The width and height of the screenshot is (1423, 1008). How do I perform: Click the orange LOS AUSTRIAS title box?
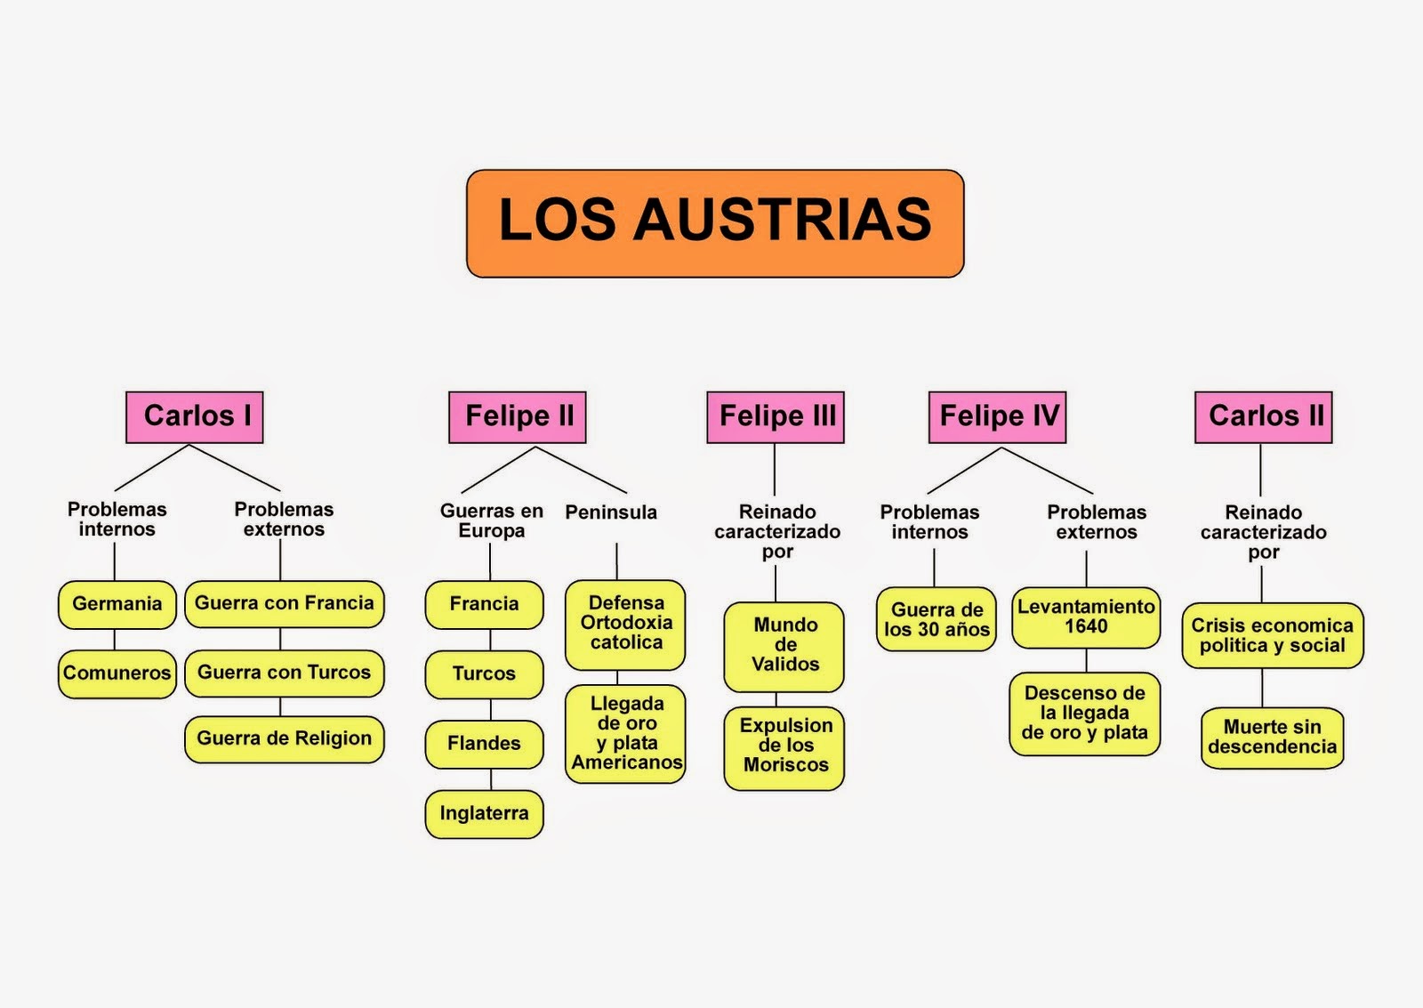coord(715,223)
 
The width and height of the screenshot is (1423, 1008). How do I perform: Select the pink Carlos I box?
coord(195,416)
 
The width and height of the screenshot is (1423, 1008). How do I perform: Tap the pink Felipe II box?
coord(518,416)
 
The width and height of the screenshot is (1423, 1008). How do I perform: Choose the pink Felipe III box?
coord(776,416)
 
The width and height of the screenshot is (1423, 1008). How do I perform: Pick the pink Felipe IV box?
coord(997,416)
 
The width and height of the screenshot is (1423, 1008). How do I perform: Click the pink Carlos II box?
coord(1264,416)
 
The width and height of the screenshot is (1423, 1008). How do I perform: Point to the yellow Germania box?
coord(117,604)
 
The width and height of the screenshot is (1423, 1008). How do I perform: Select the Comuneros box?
coord(117,673)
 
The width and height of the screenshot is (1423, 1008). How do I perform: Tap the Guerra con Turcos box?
coord(285,673)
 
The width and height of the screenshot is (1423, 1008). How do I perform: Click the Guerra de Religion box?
coord(285,739)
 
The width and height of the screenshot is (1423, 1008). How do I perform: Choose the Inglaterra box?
coord(485,814)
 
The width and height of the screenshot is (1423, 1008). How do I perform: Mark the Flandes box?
coord(485,744)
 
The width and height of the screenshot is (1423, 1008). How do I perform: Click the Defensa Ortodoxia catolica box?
coord(626,624)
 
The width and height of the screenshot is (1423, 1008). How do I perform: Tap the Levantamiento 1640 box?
coord(1086,617)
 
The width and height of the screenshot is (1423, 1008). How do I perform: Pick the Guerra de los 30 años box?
coord(937,619)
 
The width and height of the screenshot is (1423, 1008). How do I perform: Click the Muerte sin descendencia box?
coord(1272,738)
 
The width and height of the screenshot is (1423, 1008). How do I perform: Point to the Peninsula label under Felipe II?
coord(611,512)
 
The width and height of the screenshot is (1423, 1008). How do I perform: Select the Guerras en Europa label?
coord(491,521)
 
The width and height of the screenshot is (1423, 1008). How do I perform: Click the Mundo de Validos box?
coord(784,646)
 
